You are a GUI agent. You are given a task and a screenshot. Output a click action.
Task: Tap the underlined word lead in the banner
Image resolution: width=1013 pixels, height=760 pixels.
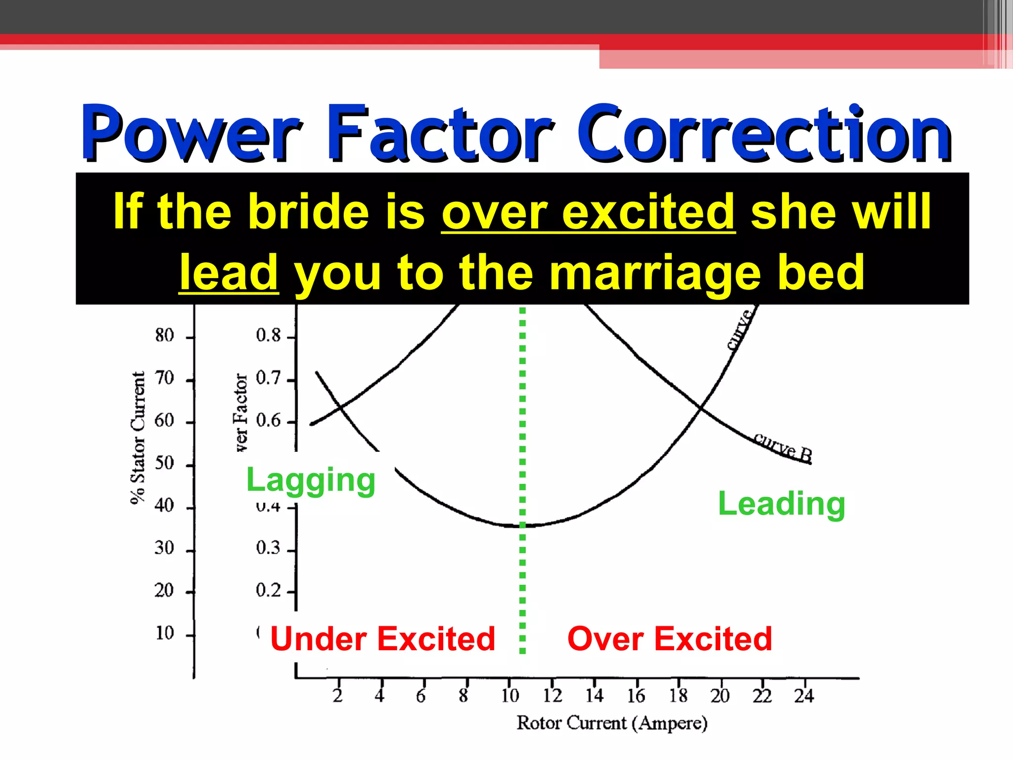coord(229,272)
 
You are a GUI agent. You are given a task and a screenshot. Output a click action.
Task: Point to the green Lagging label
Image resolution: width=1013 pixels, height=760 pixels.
coord(311,480)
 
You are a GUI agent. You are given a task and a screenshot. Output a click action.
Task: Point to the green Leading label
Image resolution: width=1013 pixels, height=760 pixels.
coord(781,504)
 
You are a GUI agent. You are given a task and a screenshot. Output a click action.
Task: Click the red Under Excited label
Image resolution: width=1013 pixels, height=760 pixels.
coord(382,638)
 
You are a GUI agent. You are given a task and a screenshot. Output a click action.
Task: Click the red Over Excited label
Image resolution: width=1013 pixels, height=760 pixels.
coord(670,638)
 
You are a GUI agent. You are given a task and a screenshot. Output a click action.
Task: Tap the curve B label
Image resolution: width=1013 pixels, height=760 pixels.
coord(783,447)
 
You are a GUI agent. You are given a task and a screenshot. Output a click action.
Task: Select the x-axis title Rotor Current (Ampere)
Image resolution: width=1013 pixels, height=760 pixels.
coord(612,723)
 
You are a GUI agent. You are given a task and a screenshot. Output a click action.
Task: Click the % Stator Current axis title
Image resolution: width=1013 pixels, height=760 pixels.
coord(138,437)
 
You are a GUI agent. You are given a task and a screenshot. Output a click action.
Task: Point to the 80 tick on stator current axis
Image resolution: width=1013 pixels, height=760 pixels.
coord(165,335)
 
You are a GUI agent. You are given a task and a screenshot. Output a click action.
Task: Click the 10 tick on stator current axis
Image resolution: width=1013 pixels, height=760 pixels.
coord(165,633)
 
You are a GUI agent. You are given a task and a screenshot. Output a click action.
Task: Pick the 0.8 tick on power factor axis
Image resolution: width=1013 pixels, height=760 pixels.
coord(268,335)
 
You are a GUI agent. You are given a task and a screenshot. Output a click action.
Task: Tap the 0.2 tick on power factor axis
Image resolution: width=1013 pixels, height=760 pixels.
coord(268,590)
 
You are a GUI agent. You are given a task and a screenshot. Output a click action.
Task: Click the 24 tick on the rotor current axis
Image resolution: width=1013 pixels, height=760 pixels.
coord(804,696)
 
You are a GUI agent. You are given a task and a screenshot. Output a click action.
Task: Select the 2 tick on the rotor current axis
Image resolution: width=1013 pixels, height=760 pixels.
coord(337,696)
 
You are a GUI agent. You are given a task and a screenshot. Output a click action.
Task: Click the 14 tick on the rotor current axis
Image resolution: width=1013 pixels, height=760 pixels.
coord(594,696)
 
